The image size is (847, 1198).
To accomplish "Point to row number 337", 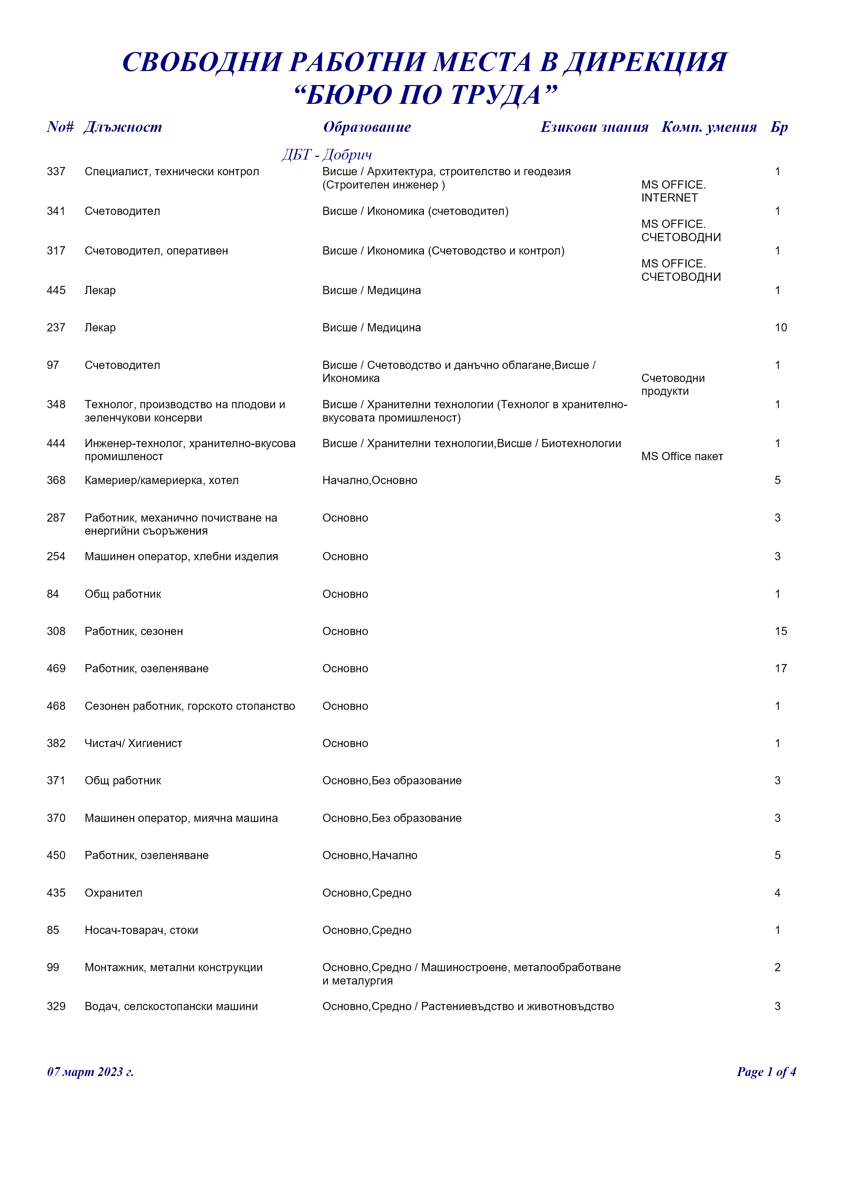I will click(56, 172).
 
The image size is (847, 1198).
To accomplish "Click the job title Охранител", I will click(113, 893).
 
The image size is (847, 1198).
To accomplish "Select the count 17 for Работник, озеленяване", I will click(780, 669).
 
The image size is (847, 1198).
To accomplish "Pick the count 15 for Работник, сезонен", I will click(780, 631).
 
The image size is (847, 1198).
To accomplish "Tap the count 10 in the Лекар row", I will click(780, 328).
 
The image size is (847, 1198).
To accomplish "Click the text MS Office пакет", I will click(682, 457).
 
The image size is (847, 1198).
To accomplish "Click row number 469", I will click(56, 669).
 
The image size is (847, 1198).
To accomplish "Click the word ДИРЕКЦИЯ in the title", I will click(646, 62).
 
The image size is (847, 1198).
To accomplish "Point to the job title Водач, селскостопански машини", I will click(171, 1006).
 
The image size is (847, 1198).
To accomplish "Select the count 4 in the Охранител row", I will click(777, 893).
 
